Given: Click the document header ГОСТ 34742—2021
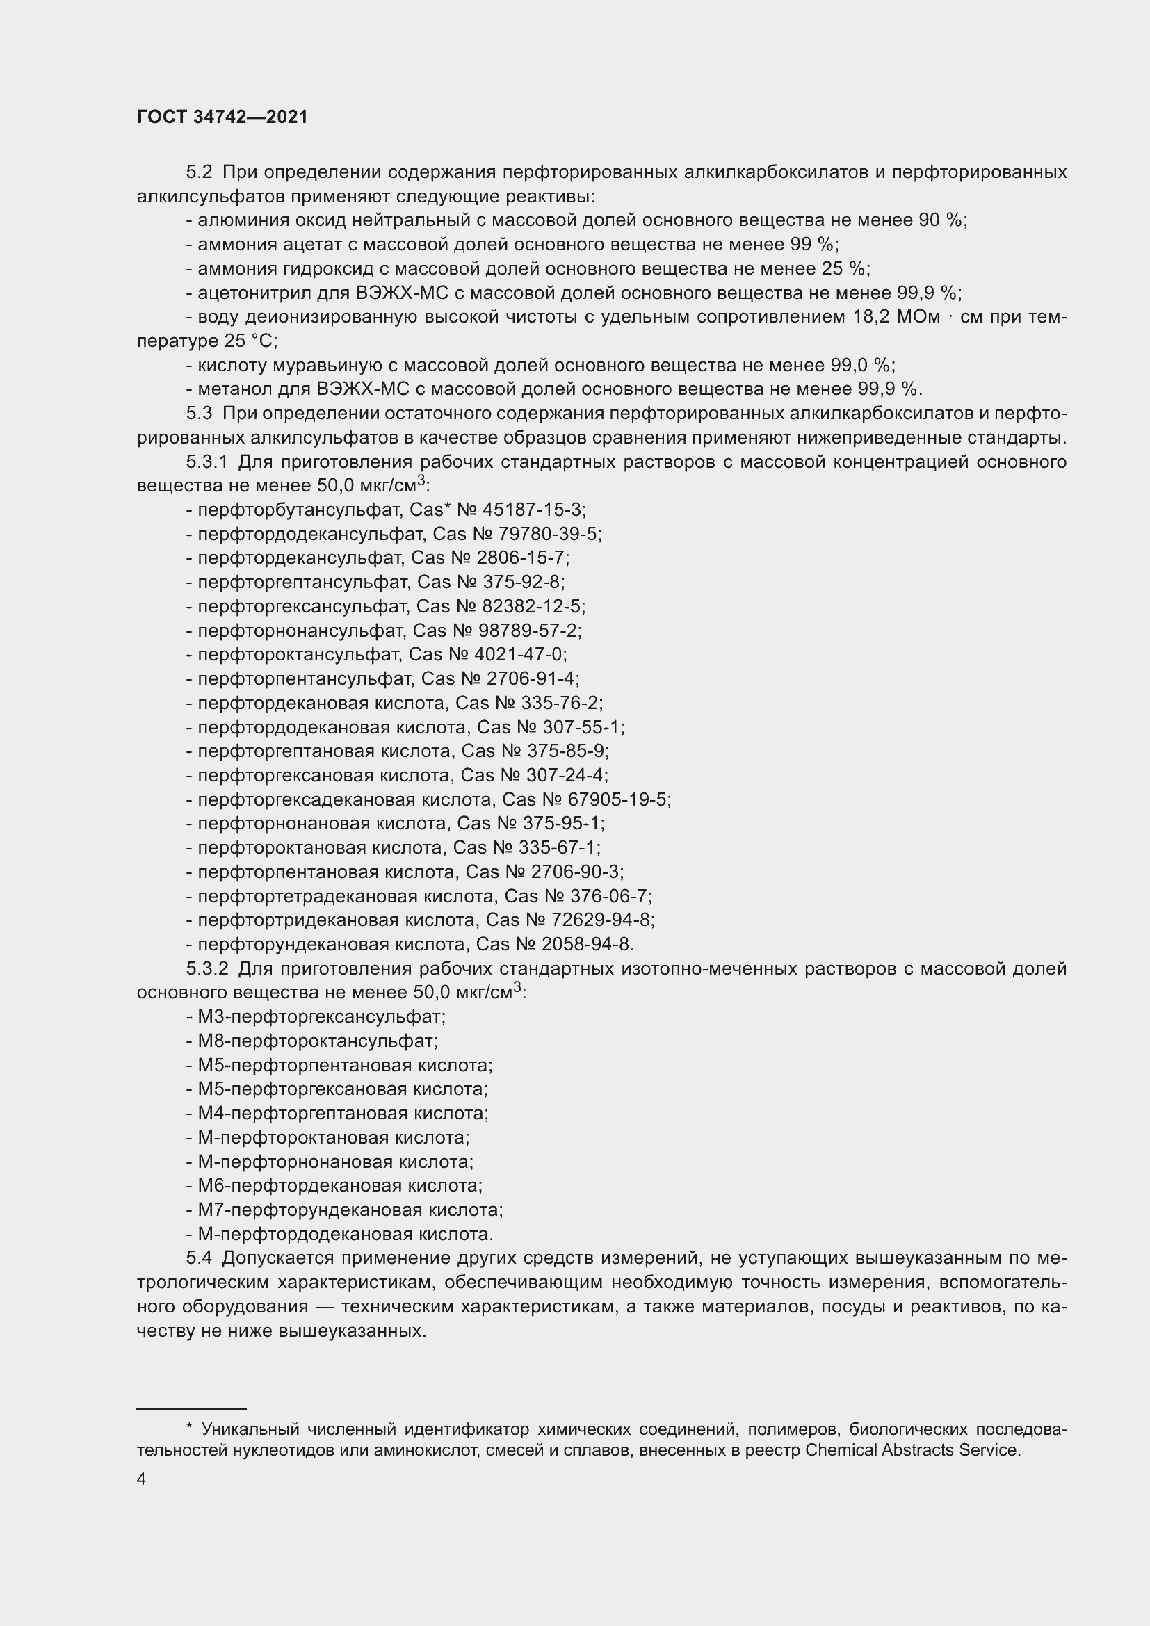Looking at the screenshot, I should (x=222, y=117).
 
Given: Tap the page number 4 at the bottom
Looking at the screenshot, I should (x=141, y=1479).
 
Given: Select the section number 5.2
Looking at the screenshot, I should (x=199, y=172).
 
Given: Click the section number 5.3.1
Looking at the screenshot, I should (x=206, y=462).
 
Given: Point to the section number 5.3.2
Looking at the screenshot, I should (x=206, y=969).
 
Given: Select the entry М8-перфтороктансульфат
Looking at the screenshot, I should (x=318, y=1041).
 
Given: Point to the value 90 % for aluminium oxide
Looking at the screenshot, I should (x=941, y=220).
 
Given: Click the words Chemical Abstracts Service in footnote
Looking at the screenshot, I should (x=913, y=1449).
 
